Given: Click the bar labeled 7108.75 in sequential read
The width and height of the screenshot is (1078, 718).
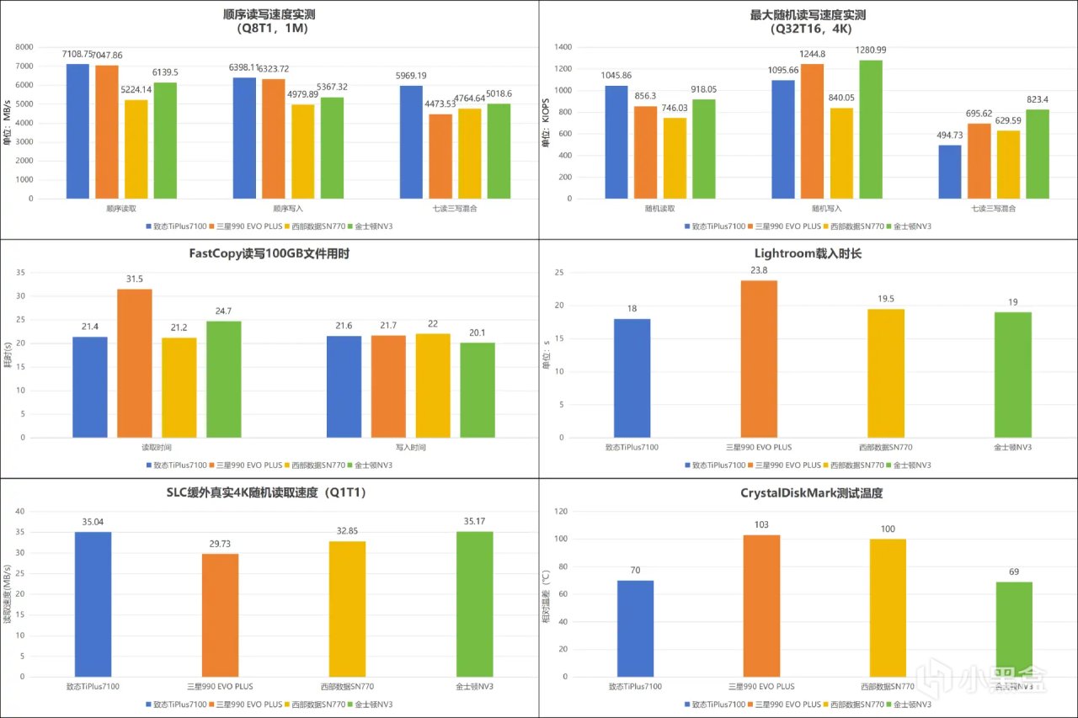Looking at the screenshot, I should click(x=77, y=131).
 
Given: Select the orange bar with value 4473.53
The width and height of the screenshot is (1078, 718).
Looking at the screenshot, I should click(x=441, y=157).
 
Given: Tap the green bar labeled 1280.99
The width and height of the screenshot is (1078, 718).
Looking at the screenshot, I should click(x=870, y=130).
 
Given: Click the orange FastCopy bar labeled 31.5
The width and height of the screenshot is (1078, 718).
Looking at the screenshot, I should click(x=135, y=363).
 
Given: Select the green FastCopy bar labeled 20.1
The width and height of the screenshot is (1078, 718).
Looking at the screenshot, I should click(x=477, y=390).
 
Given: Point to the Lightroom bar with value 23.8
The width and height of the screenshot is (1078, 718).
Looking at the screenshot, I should click(x=758, y=359).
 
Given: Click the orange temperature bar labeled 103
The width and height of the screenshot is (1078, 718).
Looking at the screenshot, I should click(x=761, y=605).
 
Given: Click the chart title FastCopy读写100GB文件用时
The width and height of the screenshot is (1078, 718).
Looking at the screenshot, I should click(x=269, y=254).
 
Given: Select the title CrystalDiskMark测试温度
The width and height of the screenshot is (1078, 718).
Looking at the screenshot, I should click(x=808, y=492).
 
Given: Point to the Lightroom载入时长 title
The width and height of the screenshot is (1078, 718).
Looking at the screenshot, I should click(x=808, y=254).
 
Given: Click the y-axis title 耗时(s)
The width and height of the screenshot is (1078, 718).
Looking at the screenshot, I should click(x=8, y=355).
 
